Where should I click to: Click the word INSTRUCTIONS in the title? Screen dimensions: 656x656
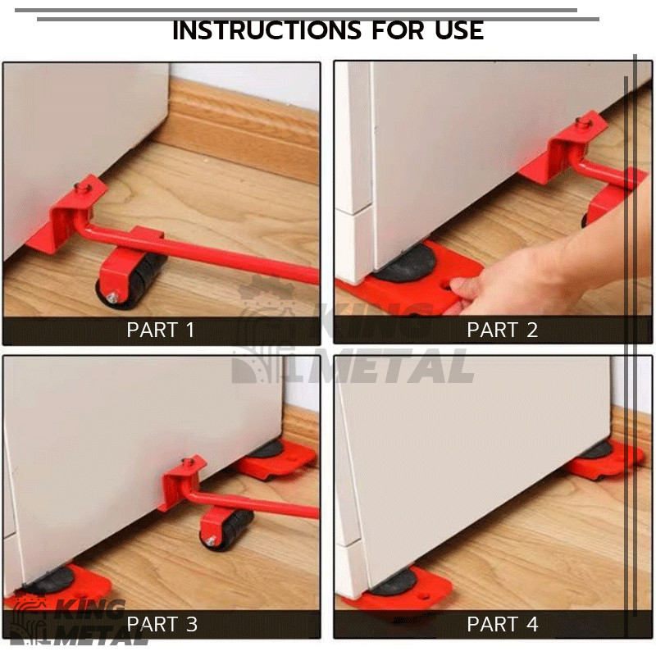(x=267, y=30)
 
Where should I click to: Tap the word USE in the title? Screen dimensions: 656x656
(x=459, y=30)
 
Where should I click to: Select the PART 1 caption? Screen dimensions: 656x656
(x=161, y=330)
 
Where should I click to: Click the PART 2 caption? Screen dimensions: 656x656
(x=502, y=330)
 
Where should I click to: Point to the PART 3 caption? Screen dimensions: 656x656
(x=162, y=624)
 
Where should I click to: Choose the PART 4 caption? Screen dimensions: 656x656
(x=502, y=624)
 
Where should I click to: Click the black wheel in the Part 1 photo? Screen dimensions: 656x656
(x=134, y=280)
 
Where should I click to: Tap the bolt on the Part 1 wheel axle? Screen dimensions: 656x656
(x=112, y=298)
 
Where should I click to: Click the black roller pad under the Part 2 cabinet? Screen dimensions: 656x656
(x=407, y=262)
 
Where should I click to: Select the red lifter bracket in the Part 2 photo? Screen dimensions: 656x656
(x=581, y=163)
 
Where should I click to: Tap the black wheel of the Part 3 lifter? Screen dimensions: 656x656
(x=228, y=529)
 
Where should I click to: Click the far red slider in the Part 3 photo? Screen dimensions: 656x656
(x=276, y=459)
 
